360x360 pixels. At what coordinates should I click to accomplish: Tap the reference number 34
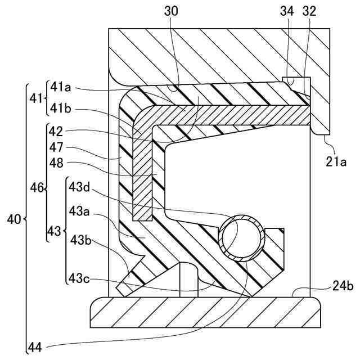(287, 11)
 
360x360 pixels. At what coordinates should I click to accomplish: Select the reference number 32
(309, 11)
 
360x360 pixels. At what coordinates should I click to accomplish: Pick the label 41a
(61, 87)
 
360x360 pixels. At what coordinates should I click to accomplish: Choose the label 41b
(61, 107)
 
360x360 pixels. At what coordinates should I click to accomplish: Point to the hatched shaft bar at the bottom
(205, 312)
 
